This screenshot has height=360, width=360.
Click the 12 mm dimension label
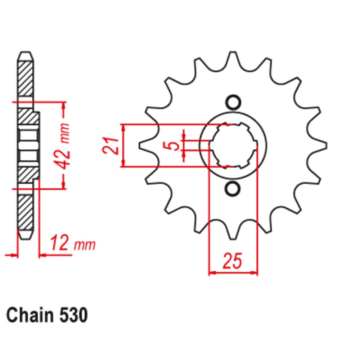click(x=73, y=244)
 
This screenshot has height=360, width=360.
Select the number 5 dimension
click(x=174, y=145)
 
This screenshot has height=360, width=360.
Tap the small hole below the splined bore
click(x=233, y=189)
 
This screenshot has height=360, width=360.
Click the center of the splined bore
click(x=233, y=146)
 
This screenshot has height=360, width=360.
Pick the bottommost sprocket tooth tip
click(x=233, y=238)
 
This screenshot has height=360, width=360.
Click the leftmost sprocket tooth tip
click(x=140, y=146)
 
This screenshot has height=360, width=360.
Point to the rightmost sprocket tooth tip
click(x=325, y=146)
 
